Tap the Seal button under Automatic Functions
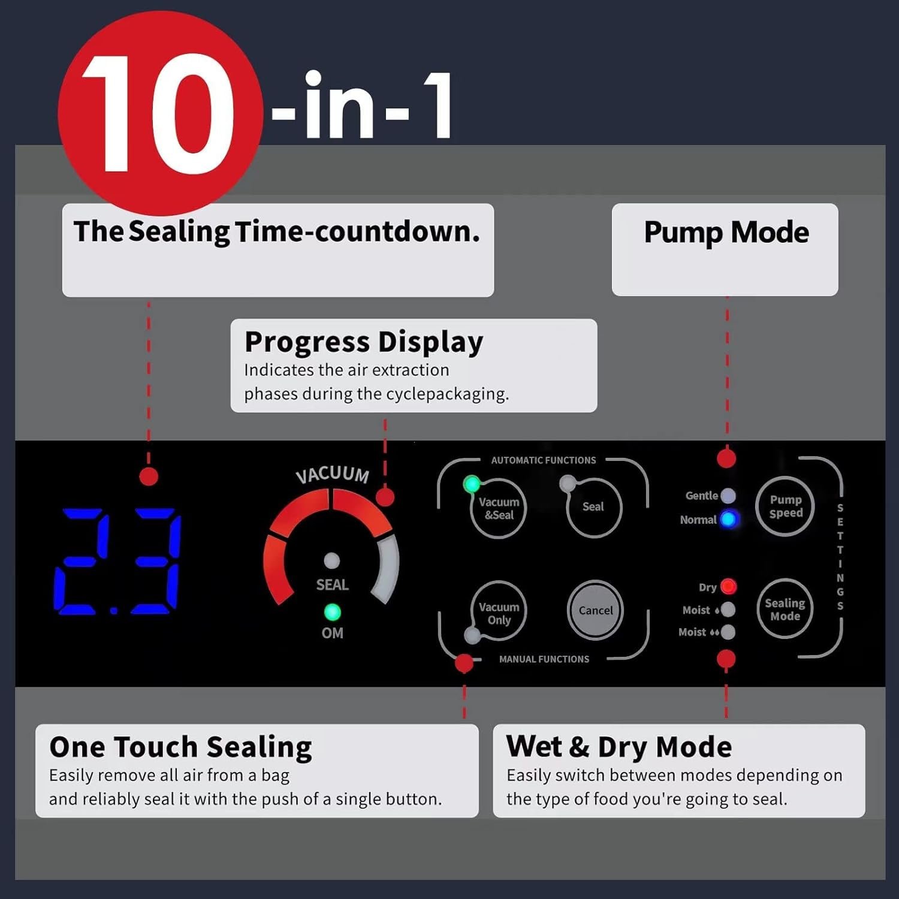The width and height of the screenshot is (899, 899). (x=593, y=507)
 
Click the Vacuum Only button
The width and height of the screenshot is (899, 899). (x=499, y=611)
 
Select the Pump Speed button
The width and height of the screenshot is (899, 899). (x=785, y=506)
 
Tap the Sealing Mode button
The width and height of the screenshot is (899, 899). (x=785, y=609)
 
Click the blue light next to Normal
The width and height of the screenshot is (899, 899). (x=728, y=519)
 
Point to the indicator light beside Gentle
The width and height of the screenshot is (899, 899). (x=728, y=496)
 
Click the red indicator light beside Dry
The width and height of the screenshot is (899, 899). (x=728, y=586)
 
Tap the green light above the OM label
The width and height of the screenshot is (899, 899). (x=332, y=612)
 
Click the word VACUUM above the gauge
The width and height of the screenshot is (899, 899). (x=333, y=474)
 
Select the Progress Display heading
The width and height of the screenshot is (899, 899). (x=364, y=343)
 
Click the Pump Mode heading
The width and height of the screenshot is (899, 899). (x=726, y=233)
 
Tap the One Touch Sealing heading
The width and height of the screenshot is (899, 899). (x=180, y=747)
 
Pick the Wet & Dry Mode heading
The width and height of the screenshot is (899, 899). (x=619, y=747)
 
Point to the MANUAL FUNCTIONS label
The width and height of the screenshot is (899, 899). (x=544, y=659)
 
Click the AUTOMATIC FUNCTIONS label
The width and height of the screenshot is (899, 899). (x=544, y=460)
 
